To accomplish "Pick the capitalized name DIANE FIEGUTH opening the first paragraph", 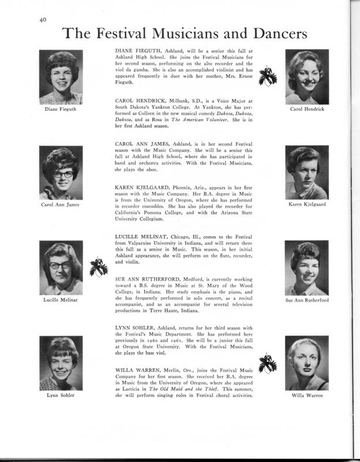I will pyautogui.click(x=140, y=51).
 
